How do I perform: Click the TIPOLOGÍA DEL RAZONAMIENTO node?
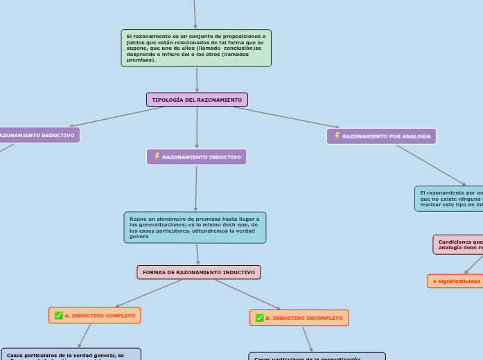coord(197,100)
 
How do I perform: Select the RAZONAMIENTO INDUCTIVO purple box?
coord(197,157)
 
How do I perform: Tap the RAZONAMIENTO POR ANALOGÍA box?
coord(382,136)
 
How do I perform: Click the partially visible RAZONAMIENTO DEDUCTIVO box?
coord(38,135)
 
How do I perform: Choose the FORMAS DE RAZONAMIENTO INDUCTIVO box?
coord(199,272)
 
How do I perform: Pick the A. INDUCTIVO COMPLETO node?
coord(95,316)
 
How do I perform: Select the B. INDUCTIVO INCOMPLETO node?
coord(299,318)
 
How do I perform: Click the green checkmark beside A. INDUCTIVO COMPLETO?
coord(59,316)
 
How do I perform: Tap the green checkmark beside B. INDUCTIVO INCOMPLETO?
coord(260,318)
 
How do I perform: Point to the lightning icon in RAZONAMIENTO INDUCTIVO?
coord(157,156)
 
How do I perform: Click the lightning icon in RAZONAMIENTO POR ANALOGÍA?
coord(337,136)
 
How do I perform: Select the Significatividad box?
coord(455,281)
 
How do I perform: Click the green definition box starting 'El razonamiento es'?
coord(196,48)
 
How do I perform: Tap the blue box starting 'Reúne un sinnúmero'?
coord(195,227)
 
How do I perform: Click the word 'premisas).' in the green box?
coord(141,60)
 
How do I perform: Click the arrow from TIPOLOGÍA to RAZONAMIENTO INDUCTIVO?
coord(197,128)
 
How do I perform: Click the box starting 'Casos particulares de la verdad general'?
coord(71,354)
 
